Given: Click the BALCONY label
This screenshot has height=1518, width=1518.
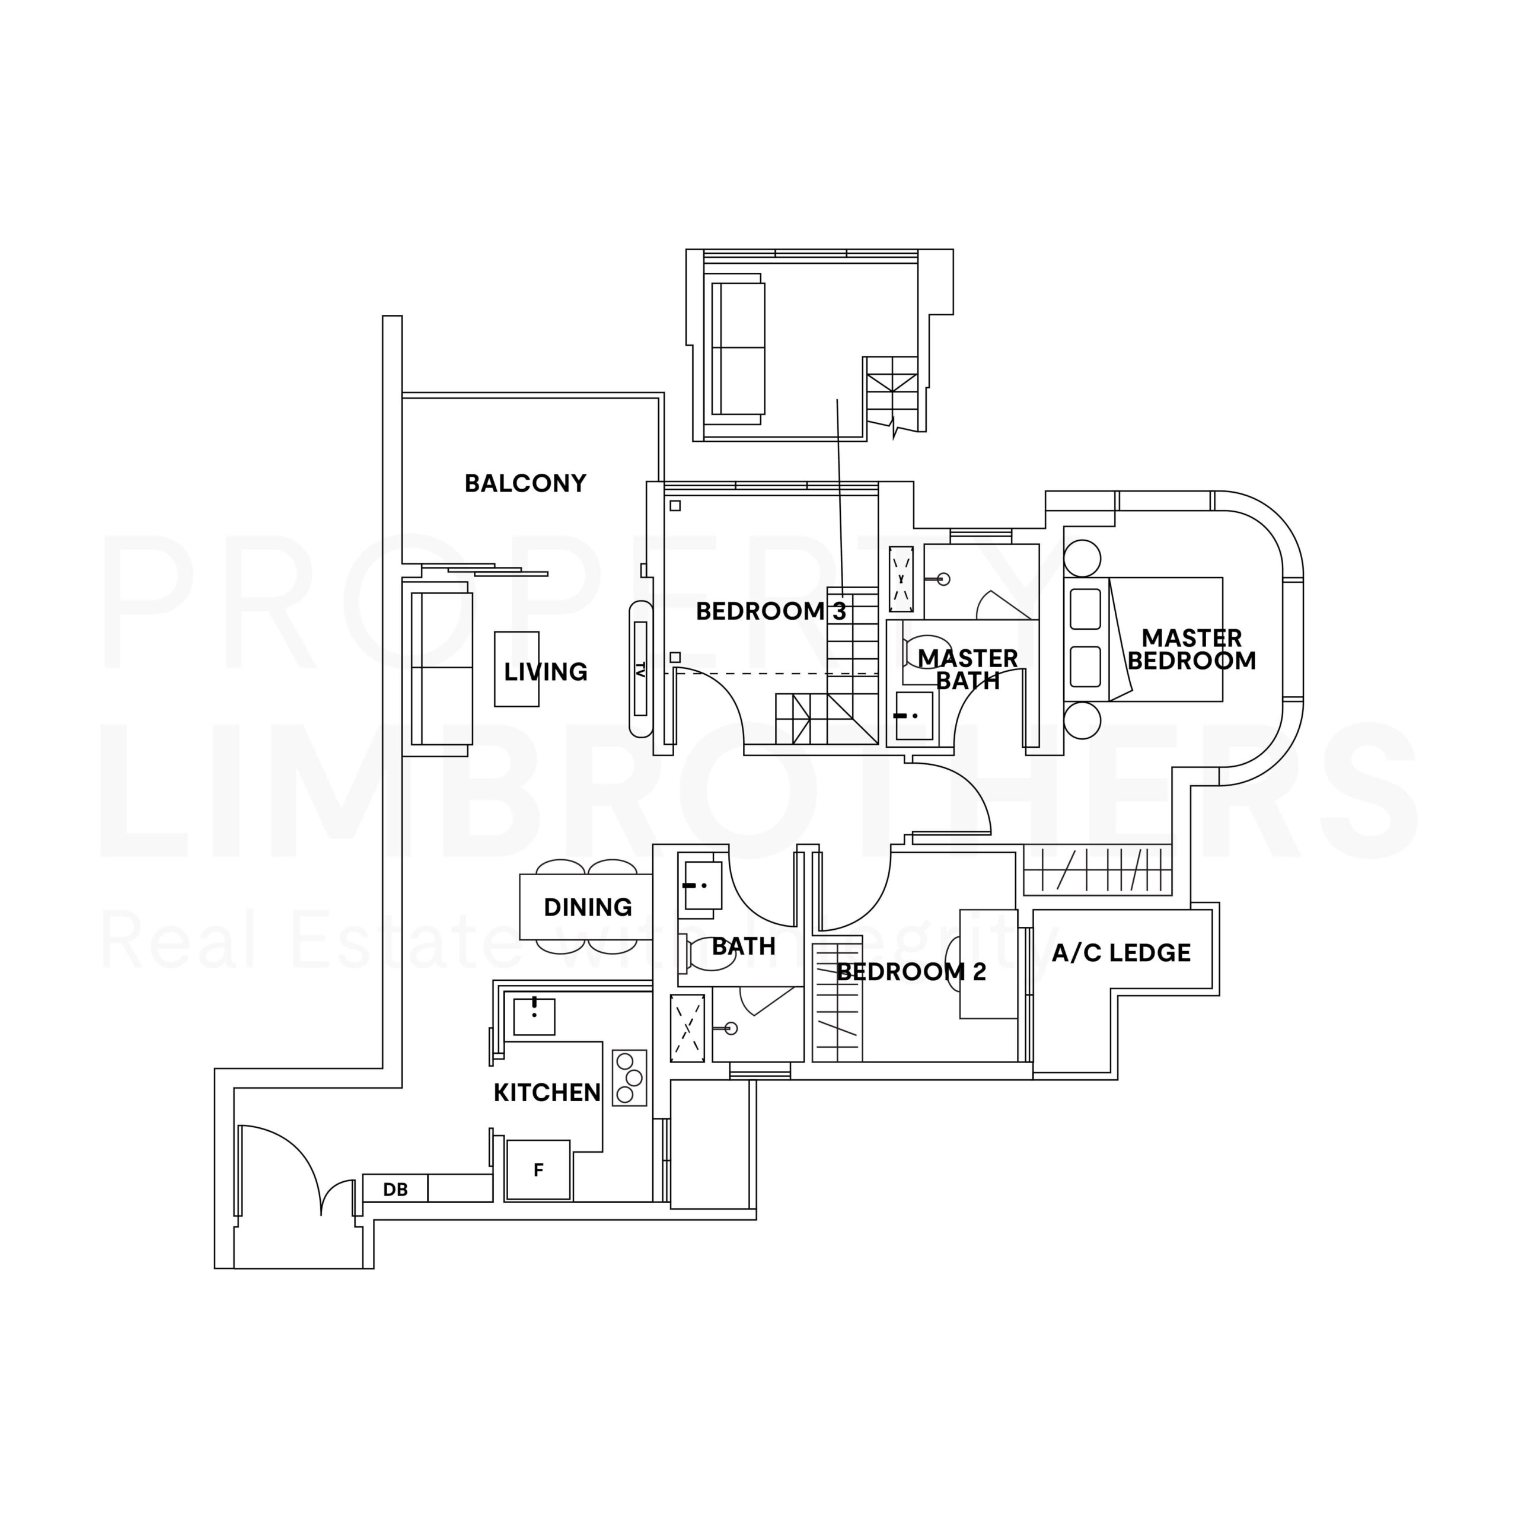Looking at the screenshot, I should point(525,483).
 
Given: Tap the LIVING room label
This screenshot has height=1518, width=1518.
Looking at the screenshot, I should point(546,672).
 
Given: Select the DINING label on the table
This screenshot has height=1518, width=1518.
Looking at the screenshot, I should point(588,907).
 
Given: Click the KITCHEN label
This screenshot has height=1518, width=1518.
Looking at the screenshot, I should point(547,1092).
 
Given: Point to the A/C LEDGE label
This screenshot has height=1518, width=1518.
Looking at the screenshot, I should point(1121,953).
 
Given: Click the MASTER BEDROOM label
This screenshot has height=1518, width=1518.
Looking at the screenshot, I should point(1191,649).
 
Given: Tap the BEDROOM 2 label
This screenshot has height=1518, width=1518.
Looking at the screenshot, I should point(911,972).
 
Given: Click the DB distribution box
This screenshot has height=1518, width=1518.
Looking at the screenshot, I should point(396,1189).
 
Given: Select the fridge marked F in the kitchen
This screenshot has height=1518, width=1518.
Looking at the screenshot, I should point(538,1170).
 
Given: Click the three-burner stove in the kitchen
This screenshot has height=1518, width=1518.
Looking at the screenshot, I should point(629,1078).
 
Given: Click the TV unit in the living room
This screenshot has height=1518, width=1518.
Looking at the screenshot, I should point(640,669).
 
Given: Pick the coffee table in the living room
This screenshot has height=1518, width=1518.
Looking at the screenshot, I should point(517,669).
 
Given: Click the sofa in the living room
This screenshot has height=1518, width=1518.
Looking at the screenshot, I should point(442,669).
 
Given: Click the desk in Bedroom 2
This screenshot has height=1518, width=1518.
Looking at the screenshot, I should point(988,964).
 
